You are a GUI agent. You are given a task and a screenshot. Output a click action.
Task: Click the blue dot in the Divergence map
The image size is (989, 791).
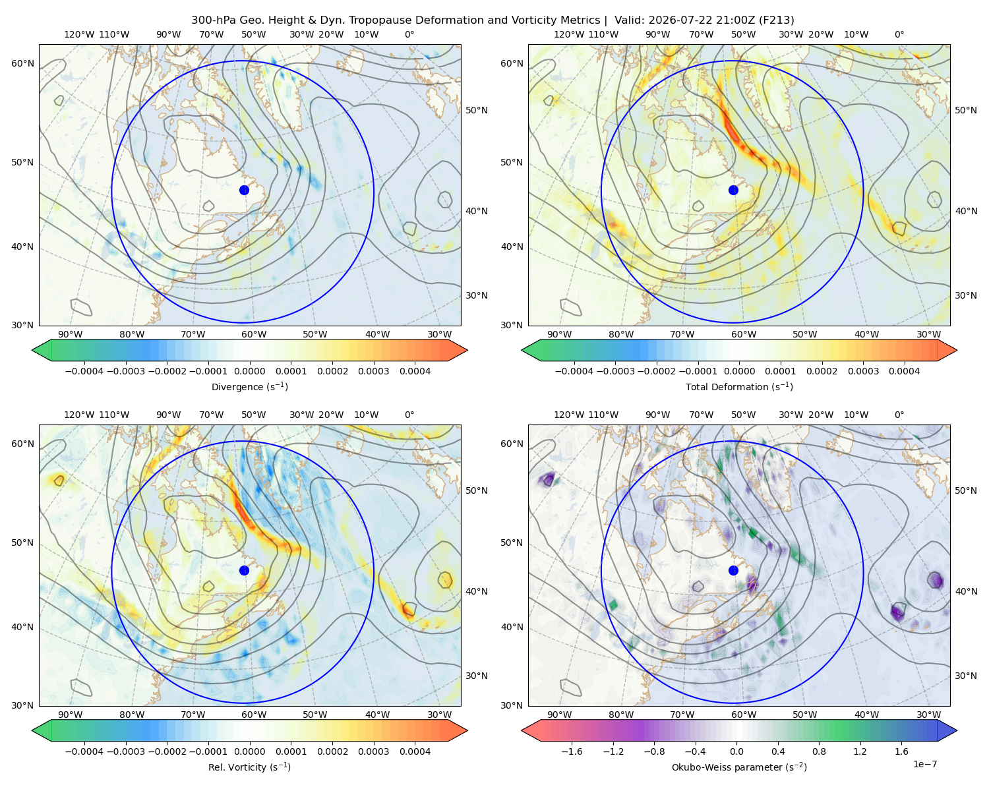[x=244, y=190]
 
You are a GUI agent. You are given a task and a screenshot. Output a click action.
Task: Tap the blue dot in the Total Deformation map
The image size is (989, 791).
[x=733, y=190]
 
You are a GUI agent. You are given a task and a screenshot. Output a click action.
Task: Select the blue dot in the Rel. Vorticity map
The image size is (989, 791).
[x=244, y=570]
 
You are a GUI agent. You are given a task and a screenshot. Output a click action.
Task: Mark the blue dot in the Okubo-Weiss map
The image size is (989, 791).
[x=733, y=570]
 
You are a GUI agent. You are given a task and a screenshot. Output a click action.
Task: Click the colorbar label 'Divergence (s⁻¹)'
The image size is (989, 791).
[x=249, y=386]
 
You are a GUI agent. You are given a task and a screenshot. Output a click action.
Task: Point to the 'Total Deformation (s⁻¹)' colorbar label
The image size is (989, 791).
[x=739, y=386]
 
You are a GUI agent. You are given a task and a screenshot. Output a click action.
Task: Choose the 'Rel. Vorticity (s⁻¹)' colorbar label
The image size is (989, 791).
[x=249, y=767]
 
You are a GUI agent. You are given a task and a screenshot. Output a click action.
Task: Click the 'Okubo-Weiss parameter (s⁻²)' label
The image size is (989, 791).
[x=739, y=767]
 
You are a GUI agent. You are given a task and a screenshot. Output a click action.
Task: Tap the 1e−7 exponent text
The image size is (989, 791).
[x=924, y=765]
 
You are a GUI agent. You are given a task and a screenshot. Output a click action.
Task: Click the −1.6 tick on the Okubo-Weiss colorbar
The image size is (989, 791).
[x=572, y=751]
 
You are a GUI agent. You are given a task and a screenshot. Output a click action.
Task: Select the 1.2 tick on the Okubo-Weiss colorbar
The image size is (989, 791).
[x=860, y=751]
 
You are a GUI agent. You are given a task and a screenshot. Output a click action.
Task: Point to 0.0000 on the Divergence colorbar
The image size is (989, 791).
[x=249, y=371]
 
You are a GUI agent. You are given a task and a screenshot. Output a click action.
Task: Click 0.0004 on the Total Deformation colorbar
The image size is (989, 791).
[x=905, y=371]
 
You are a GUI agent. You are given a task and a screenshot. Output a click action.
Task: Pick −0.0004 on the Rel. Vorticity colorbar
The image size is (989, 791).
[x=84, y=751]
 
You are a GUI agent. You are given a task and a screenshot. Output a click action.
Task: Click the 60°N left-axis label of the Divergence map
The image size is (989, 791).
[x=22, y=63]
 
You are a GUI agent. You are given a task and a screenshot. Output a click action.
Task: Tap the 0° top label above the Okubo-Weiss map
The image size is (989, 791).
[x=899, y=415]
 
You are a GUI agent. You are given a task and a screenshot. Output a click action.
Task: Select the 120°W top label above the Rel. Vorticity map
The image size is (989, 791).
[x=79, y=415]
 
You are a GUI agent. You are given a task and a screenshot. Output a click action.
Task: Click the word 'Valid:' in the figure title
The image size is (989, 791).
[x=630, y=20]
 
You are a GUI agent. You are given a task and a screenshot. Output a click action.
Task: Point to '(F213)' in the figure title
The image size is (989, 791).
[x=776, y=20]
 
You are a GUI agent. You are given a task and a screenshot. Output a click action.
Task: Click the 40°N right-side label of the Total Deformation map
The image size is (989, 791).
[x=966, y=211]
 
